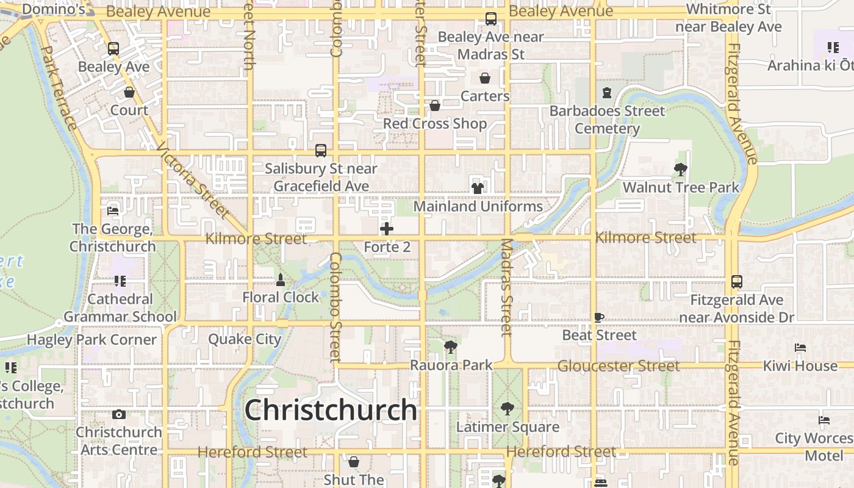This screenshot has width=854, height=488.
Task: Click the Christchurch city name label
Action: pyautogui.click(x=331, y=410)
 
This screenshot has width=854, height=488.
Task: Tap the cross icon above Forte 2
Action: pyautogui.click(x=387, y=229)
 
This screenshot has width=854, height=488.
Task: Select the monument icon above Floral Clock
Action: pyautogui.click(x=281, y=280)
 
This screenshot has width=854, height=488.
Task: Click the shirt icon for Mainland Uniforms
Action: pyautogui.click(x=478, y=188)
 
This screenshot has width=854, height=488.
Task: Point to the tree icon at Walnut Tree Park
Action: pyautogui.click(x=681, y=169)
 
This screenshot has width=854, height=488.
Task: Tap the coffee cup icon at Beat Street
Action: pyautogui.click(x=599, y=317)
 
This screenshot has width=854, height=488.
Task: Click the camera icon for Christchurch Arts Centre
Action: pyautogui.click(x=119, y=415)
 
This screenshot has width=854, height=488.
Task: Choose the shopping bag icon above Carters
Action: pyautogui.click(x=485, y=78)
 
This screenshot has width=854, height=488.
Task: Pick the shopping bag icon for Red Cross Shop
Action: pyautogui.click(x=435, y=106)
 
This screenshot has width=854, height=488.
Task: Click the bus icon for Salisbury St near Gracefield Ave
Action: pyautogui.click(x=321, y=150)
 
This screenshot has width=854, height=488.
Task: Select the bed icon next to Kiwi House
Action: pyautogui.click(x=800, y=348)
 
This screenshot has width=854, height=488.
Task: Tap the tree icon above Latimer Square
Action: pyautogui.click(x=507, y=409)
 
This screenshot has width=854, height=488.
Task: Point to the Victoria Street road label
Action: pyautogui.click(x=192, y=181)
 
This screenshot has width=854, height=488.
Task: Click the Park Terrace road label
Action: pyautogui.click(x=59, y=88)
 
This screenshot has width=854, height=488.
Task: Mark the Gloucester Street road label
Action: pyautogui.click(x=618, y=365)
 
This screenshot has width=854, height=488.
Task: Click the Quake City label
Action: pyautogui.click(x=245, y=339)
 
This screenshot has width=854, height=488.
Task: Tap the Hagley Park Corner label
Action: pyautogui.click(x=92, y=340)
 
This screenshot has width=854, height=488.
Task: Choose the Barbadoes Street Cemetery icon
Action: pyautogui.click(x=607, y=93)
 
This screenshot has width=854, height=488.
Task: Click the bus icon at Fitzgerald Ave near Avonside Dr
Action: pyautogui.click(x=737, y=282)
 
